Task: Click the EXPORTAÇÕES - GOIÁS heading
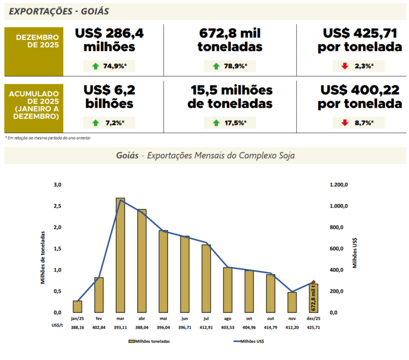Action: (x=59, y=11)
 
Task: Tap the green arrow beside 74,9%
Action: (x=96, y=66)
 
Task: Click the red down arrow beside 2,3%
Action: (x=345, y=66)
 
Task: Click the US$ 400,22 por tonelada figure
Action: (x=360, y=97)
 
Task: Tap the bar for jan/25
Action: (x=77, y=306)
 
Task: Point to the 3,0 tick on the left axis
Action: (x=57, y=184)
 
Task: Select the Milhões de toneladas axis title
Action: (x=43, y=248)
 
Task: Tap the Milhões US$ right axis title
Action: (x=355, y=248)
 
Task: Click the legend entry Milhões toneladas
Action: (x=150, y=341)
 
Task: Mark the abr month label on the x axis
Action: (x=142, y=318)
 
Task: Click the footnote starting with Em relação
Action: (x=48, y=137)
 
